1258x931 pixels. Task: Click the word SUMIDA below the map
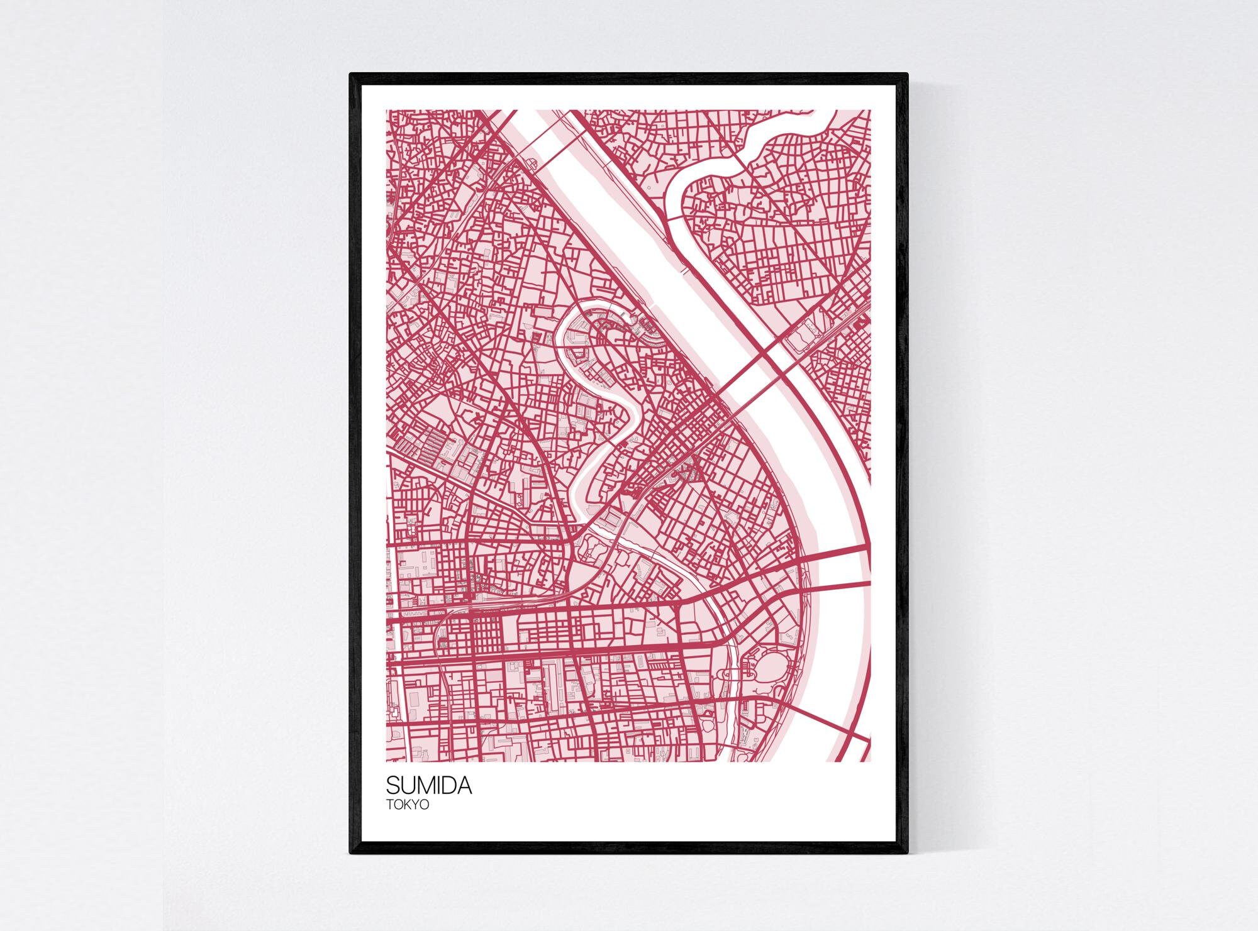[428, 786]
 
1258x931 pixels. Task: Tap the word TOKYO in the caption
[408, 805]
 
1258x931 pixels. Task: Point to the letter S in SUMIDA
[392, 786]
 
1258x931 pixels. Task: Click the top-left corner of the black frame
[351, 75]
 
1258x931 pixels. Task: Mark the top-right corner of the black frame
[906, 75]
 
